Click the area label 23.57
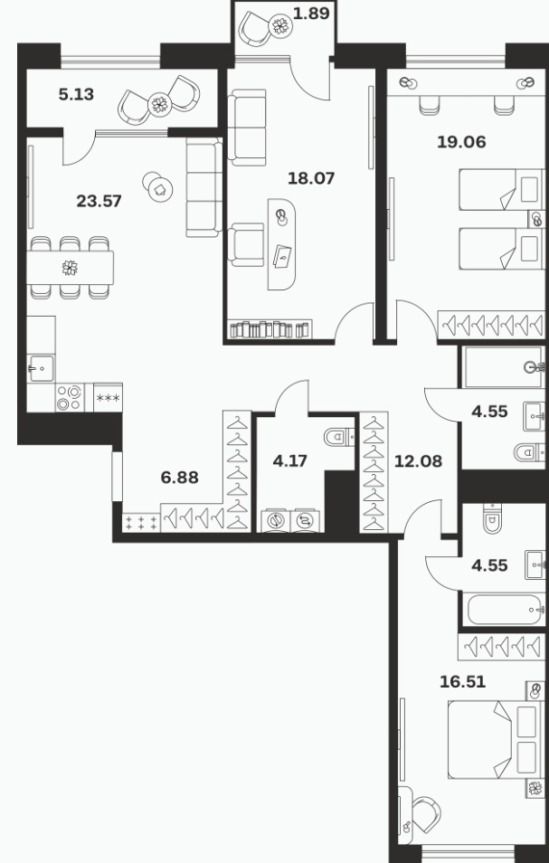tap(99, 201)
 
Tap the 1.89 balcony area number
tap(311, 14)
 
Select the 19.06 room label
tap(461, 142)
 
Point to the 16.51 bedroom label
tap(463, 682)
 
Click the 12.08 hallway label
tap(418, 461)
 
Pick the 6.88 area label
tap(179, 477)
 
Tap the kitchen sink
tap(41, 368)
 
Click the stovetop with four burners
tap(70, 397)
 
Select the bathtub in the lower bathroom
tap(505, 610)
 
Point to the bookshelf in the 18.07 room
tap(270, 329)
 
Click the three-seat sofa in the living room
tap(204, 187)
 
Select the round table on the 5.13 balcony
tap(159, 104)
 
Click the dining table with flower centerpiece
tap(70, 268)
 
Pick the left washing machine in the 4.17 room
tap(275, 520)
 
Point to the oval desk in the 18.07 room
tap(281, 244)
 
